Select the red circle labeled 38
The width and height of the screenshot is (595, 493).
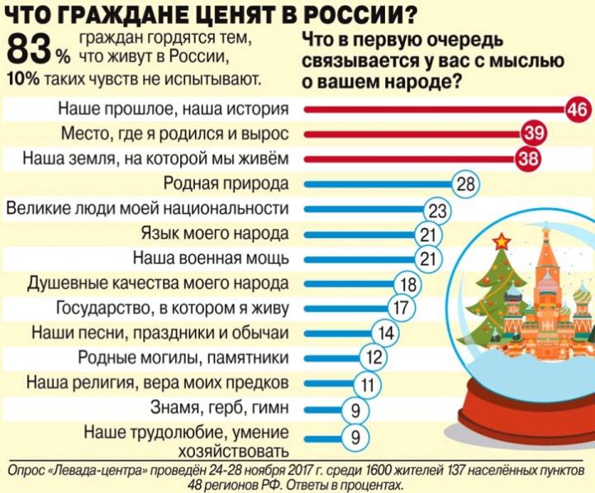[526, 158]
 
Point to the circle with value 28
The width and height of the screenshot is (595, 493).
[466, 183]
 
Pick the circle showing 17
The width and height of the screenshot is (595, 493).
[400, 309]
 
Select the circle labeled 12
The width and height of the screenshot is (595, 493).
[373, 359]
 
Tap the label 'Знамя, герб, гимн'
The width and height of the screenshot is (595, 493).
[220, 408]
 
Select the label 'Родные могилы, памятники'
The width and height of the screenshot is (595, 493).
[183, 358]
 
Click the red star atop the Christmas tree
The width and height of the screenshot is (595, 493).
[500, 242]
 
